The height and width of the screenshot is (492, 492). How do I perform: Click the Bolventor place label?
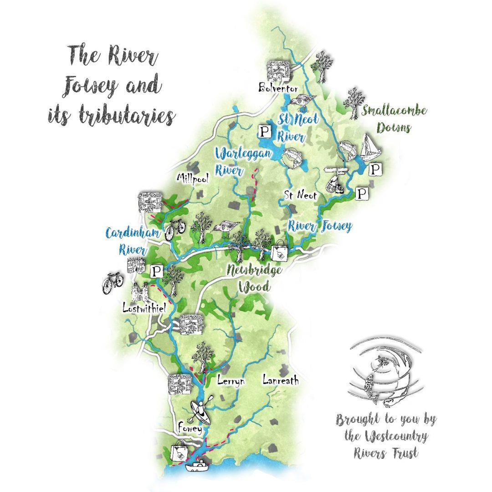[278, 87]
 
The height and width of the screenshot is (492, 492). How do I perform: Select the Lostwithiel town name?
[143, 308]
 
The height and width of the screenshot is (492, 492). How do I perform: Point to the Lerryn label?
[231, 380]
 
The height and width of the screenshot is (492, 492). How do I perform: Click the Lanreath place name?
[281, 379]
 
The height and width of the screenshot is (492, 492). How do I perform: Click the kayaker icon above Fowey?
[200, 412]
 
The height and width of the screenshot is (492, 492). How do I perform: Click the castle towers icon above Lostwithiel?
[140, 292]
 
